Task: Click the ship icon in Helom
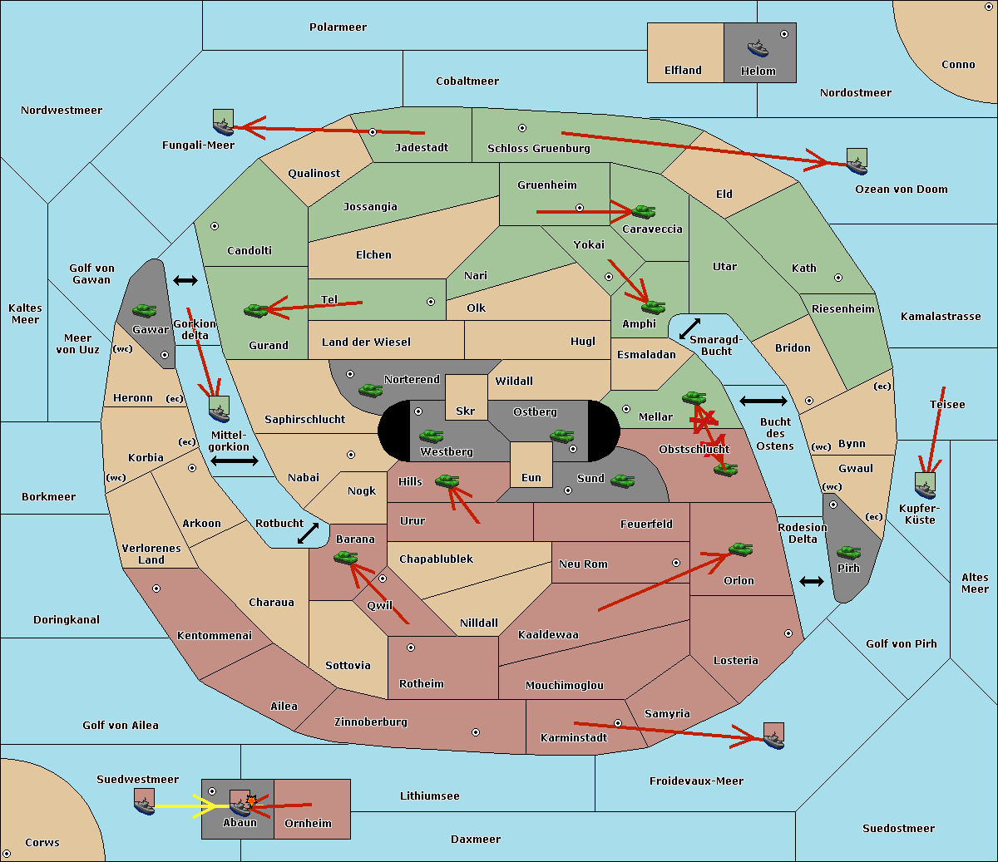(758, 49)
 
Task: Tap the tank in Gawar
(145, 310)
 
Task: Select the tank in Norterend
(370, 390)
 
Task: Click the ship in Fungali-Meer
(223, 122)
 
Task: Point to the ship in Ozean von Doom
(857, 162)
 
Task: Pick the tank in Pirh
(848, 552)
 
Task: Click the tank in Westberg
(431, 436)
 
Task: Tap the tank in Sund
(622, 480)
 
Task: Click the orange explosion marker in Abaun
(251, 801)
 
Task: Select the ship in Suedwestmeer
(145, 802)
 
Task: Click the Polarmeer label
(338, 27)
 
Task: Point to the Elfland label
(683, 71)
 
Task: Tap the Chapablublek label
(436, 559)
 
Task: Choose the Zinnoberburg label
(371, 722)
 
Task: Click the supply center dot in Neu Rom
(676, 563)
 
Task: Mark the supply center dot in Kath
(838, 278)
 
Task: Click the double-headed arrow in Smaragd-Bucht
(689, 328)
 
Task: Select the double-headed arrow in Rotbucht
(308, 533)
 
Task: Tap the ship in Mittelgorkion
(220, 409)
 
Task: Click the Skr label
(466, 411)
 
